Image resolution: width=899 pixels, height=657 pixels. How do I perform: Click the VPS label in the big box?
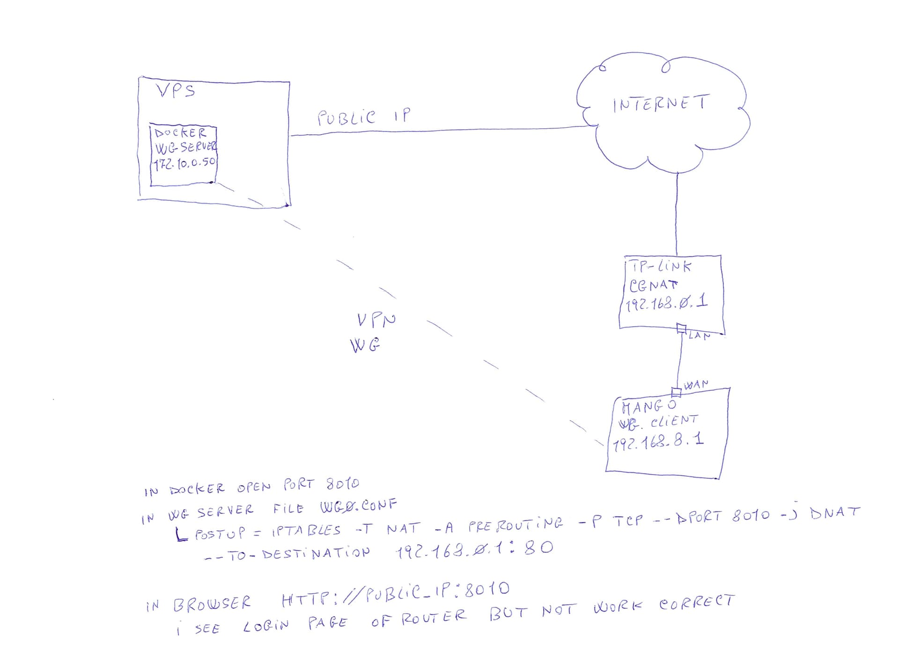(176, 90)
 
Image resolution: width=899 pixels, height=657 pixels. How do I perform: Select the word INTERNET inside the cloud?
(661, 103)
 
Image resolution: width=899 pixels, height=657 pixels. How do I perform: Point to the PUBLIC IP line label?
(363, 117)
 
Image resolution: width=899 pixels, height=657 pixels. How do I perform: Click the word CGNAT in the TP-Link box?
(653, 285)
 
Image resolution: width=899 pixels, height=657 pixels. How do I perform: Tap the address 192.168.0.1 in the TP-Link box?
(666, 303)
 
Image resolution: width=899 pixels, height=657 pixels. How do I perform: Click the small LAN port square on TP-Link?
(681, 328)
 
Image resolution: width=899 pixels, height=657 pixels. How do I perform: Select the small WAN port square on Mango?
(676, 392)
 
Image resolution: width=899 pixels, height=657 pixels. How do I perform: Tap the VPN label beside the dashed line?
(376, 320)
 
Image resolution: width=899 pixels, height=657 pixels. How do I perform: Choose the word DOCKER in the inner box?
(180, 133)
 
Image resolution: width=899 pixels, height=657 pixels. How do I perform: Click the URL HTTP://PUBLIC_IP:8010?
(395, 594)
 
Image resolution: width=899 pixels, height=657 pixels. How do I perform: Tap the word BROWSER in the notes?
(212, 604)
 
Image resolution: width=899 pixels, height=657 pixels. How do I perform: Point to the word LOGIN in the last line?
(265, 626)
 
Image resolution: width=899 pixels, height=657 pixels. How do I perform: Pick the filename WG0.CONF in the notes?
(358, 506)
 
